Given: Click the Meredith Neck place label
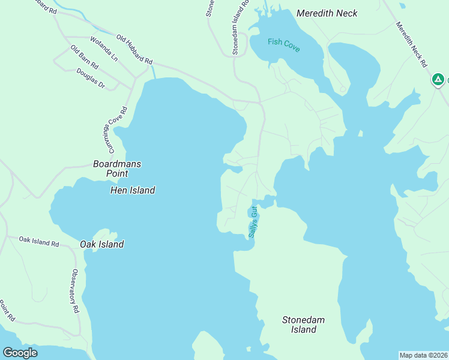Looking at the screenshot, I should [x=327, y=13].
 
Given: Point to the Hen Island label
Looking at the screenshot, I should [x=133, y=190].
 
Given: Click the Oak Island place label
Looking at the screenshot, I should [x=102, y=244].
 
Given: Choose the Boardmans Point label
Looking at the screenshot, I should [x=110, y=168].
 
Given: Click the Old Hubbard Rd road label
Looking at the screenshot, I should [x=134, y=50].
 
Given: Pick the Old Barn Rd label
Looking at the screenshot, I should [x=83, y=57].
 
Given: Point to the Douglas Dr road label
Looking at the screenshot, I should [x=91, y=79].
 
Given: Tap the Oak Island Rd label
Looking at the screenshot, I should [x=39, y=241].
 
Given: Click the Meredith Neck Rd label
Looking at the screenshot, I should [x=411, y=44].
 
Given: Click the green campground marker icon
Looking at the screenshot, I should [x=438, y=79].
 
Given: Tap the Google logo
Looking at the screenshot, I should [x=20, y=353].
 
